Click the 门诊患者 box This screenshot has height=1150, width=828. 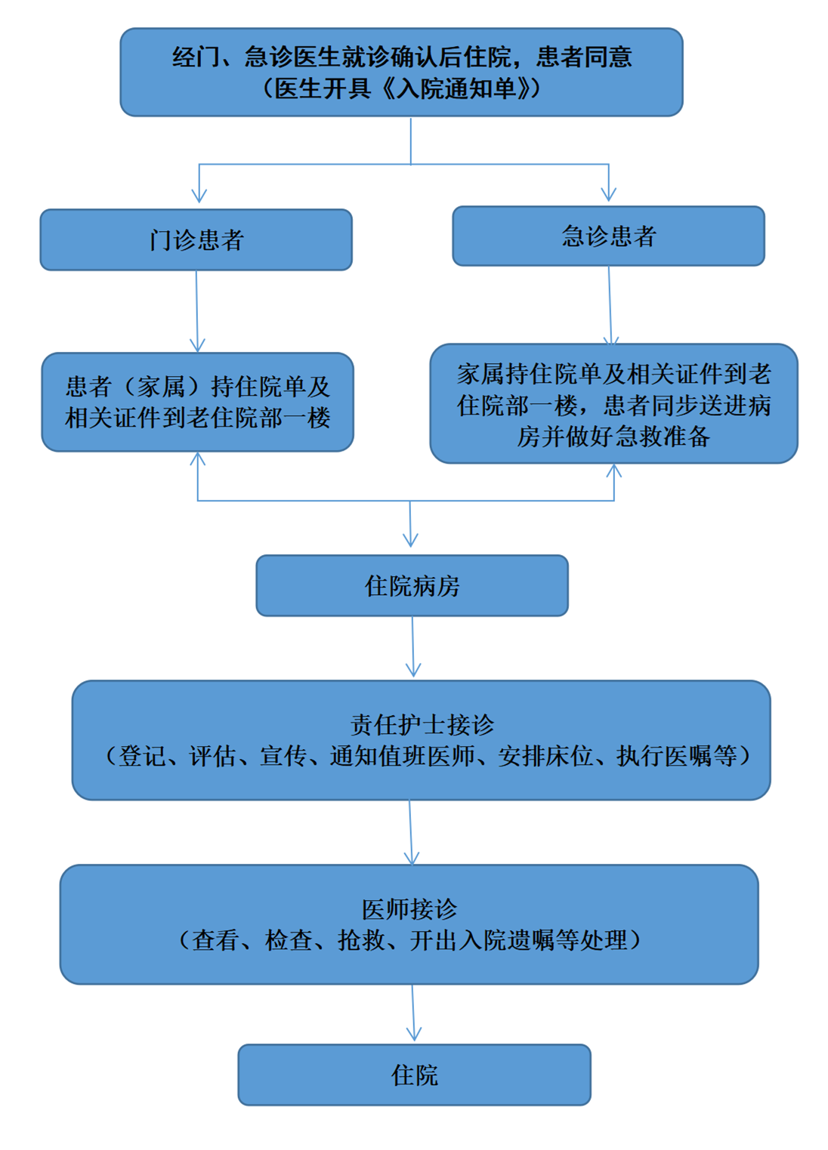[196, 240]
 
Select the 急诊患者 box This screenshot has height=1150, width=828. [609, 236]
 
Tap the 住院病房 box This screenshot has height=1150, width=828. [412, 586]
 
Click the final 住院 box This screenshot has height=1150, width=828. [415, 1074]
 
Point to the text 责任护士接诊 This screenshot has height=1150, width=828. [422, 725]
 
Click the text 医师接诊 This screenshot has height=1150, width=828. [409, 909]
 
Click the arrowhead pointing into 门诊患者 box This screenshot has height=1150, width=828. [199, 196]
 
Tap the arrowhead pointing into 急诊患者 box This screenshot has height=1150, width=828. [609, 194]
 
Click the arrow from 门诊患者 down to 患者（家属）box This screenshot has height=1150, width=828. [196, 312]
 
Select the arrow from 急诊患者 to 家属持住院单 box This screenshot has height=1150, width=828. [610, 306]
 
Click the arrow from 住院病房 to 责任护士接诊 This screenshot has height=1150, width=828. [413, 647]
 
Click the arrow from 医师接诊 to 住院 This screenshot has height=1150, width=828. [413, 1013]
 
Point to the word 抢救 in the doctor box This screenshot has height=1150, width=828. [360, 941]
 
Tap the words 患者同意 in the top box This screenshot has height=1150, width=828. [584, 57]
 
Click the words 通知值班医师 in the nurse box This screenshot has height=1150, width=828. [402, 757]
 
